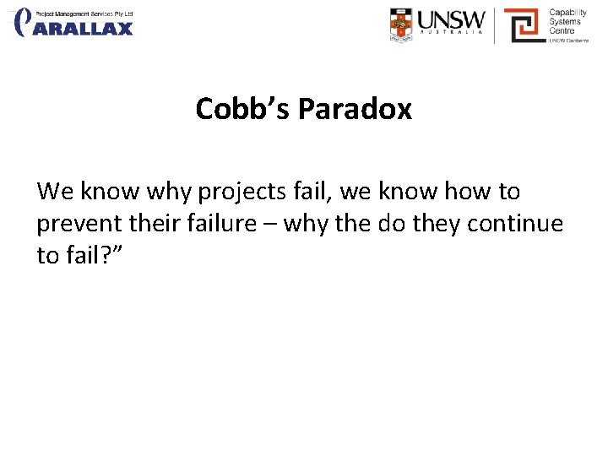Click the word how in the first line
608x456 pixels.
coord(467,193)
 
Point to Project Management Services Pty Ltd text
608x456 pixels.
coord(84,14)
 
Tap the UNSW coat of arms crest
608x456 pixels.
coord(402,24)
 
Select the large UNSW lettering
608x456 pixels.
coord(453,19)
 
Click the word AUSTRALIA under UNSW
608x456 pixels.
coord(453,35)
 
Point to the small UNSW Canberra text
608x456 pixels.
coord(568,40)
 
